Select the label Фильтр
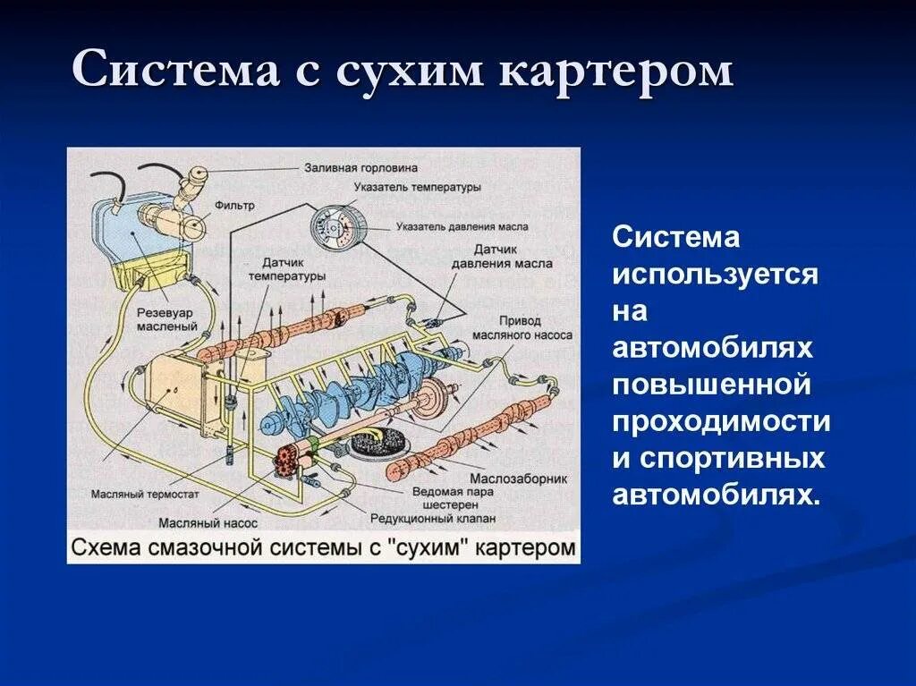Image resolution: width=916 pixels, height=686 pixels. pyautogui.click(x=235, y=205)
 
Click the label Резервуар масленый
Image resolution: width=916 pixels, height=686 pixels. pyautogui.click(x=167, y=320)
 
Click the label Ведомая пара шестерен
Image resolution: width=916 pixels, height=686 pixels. pyautogui.click(x=446, y=498)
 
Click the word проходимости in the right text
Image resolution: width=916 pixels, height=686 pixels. pyautogui.click(x=721, y=422)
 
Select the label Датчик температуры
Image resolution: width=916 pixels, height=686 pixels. pyautogui.click(x=293, y=270)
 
